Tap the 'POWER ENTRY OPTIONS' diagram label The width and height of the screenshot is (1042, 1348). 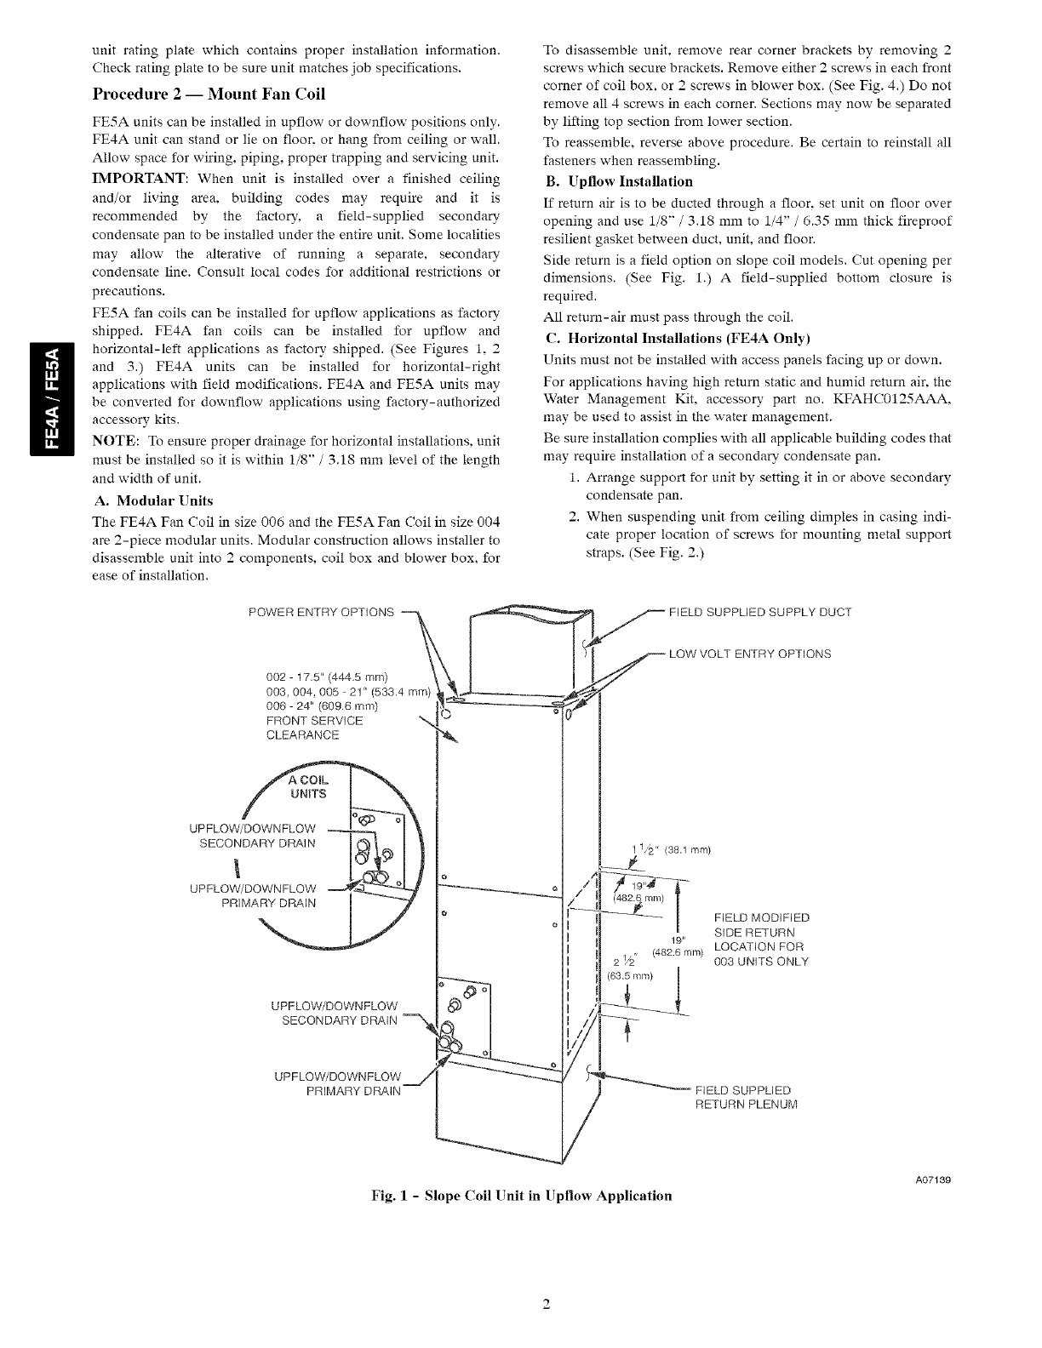(321, 612)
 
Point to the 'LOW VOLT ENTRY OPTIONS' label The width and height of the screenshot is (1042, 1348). (750, 654)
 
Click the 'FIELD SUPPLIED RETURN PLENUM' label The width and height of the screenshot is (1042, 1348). (747, 1098)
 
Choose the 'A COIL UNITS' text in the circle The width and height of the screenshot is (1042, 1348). (307, 788)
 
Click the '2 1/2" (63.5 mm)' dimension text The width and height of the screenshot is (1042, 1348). (628, 968)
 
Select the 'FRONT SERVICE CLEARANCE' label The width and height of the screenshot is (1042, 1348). (302, 728)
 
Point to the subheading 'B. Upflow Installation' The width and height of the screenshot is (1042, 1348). (618, 181)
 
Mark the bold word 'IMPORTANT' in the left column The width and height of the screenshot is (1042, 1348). (140, 178)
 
